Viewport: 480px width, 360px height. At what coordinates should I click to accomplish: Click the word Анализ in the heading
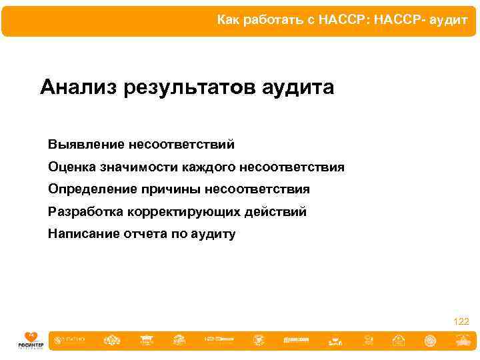pyautogui.click(x=78, y=87)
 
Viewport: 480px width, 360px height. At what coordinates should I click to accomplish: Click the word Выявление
pyautogui.click(x=86, y=144)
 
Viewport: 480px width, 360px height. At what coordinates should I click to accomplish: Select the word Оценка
pyautogui.click(x=71, y=167)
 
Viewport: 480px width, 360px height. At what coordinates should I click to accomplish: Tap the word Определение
pyautogui.click(x=92, y=189)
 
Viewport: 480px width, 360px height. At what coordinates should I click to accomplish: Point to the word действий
pyautogui.click(x=277, y=212)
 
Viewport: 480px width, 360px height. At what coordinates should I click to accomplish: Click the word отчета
pyautogui.click(x=142, y=234)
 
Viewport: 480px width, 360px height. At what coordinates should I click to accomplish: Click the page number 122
pyautogui.click(x=461, y=321)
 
